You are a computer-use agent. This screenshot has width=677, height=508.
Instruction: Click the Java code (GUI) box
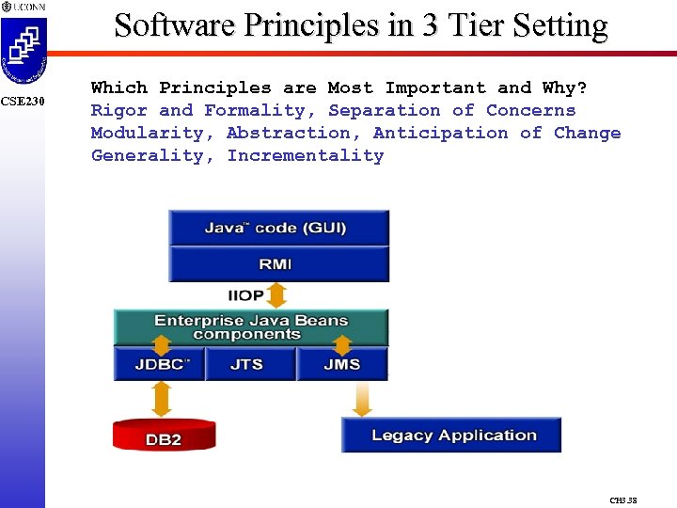point(278,228)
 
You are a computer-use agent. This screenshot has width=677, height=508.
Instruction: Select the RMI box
point(278,264)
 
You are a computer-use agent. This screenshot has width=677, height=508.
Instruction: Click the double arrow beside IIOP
point(277,295)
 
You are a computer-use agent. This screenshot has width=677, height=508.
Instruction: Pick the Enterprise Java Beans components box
point(250,327)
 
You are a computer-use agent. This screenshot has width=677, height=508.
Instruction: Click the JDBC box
point(159,364)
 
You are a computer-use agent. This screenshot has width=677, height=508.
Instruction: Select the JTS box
point(247,364)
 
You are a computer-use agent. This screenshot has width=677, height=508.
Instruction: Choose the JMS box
point(341,364)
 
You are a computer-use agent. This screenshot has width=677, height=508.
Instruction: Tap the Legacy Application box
point(451,436)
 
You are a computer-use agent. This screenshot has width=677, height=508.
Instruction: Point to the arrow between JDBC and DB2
point(162,398)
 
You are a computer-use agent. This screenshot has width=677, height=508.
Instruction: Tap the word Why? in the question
point(565,87)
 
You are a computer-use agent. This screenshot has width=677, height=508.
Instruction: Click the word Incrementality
point(305,155)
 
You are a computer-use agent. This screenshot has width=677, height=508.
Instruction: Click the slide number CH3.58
point(623,500)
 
